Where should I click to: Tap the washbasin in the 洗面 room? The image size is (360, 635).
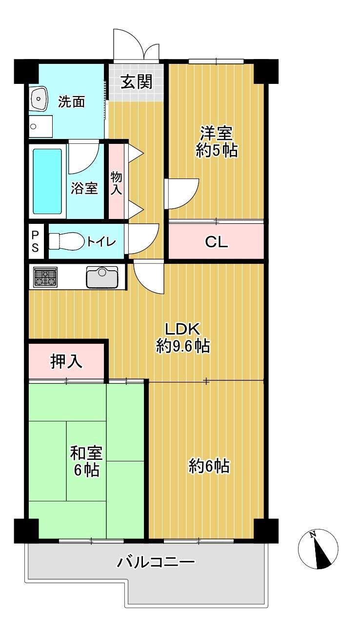(39, 98)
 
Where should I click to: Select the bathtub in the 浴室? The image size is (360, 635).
(48, 181)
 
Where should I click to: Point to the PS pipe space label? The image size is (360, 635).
(35, 241)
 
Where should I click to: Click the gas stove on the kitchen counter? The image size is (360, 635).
(45, 277)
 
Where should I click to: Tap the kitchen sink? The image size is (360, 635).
(102, 277)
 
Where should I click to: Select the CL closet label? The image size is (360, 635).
(216, 242)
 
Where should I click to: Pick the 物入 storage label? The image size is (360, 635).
(116, 183)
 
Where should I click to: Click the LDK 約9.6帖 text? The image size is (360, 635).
(183, 337)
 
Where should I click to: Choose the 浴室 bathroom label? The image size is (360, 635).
(84, 188)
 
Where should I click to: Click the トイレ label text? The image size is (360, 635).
(101, 242)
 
